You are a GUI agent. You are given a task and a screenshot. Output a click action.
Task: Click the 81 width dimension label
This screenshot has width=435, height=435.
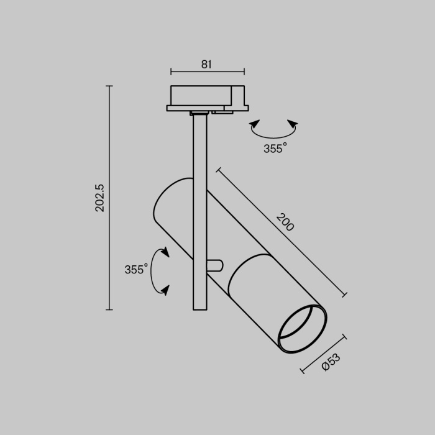[x=207, y=63]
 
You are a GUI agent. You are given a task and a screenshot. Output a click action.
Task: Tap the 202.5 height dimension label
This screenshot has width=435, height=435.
[x=100, y=198]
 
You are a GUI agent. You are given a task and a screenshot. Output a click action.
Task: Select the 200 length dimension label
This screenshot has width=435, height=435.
[x=285, y=222]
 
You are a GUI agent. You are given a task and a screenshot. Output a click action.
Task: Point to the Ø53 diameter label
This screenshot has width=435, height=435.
[x=331, y=362]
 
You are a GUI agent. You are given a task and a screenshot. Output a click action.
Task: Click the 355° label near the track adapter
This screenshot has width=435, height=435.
[x=275, y=149]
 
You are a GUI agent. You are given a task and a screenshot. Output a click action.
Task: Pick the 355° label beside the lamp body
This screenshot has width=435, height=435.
[x=136, y=269]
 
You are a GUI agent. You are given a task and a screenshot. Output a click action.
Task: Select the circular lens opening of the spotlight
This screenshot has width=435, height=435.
[x=302, y=329]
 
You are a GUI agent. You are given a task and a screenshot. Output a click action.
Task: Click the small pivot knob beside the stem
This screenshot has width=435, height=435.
[x=214, y=265]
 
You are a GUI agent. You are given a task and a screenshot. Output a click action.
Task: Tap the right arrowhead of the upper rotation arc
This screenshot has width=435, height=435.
[x=293, y=124]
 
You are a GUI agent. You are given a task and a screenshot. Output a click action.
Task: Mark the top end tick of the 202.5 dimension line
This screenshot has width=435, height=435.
[x=109, y=86]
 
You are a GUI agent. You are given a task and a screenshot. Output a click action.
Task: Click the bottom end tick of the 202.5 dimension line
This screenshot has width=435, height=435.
[x=109, y=309]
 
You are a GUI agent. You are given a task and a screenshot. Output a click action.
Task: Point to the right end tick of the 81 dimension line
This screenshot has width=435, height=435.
[x=244, y=71]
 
